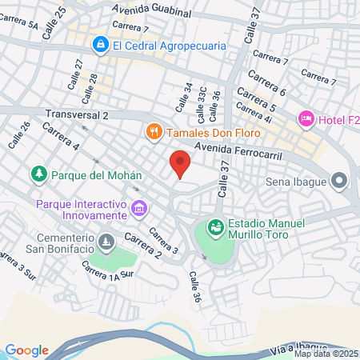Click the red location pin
tap(180, 164)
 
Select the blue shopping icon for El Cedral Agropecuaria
tap(100, 45)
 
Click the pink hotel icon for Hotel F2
tap(306, 119)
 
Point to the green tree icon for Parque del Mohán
tap(38, 174)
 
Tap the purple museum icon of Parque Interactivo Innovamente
tap(139, 209)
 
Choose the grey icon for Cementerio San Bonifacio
tap(106, 241)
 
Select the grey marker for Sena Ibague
tap(341, 181)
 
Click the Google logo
tap(26, 350)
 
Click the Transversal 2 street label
tap(77, 115)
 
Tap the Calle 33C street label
tap(202, 101)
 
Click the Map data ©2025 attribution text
tap(326, 354)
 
